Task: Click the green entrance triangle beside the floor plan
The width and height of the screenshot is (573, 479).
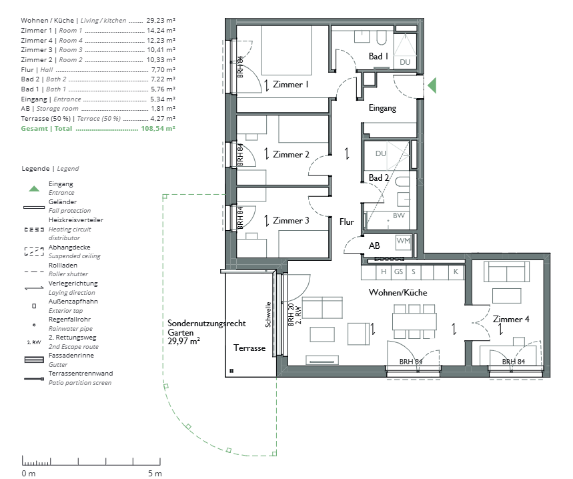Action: coord(432,85)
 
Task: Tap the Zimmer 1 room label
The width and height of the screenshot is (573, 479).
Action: coord(291,85)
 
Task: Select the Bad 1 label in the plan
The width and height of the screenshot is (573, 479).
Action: coord(378,56)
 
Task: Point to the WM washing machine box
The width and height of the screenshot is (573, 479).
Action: coord(404,242)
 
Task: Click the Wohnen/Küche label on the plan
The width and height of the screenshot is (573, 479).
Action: coord(398,292)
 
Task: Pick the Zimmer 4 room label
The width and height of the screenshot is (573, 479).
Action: coord(511,319)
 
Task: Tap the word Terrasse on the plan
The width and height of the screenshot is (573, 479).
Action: coord(249,348)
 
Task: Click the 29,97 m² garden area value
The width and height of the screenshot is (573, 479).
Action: coord(183,342)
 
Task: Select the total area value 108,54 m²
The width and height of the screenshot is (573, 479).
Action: coord(158,129)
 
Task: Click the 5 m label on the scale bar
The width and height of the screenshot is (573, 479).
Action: coord(155,474)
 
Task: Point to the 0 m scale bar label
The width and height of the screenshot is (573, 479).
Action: coord(29,474)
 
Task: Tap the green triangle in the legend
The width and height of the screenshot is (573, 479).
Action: coord(34,189)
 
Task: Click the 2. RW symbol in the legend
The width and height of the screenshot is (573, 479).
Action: coord(34,342)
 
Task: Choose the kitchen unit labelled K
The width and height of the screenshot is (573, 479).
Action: coord(456,272)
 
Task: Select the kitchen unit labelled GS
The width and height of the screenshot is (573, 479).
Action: coord(398,272)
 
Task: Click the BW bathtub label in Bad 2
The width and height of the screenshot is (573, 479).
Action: coord(399,215)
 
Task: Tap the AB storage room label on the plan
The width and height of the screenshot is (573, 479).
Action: coord(374,246)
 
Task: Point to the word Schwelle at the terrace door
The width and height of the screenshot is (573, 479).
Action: coord(268,314)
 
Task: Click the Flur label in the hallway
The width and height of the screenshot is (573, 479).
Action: coord(346,221)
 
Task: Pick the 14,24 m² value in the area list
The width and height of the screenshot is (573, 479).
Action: coord(161,30)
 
